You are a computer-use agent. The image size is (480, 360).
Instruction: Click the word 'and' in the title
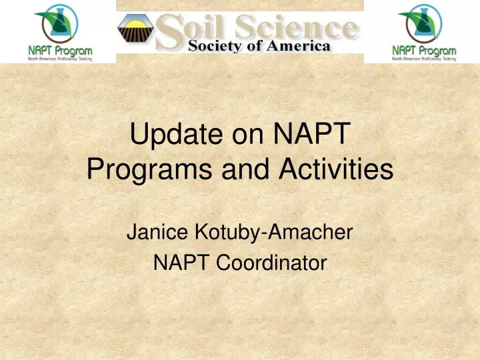pos(242,171)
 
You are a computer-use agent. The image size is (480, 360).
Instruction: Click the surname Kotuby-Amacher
pos(271,234)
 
